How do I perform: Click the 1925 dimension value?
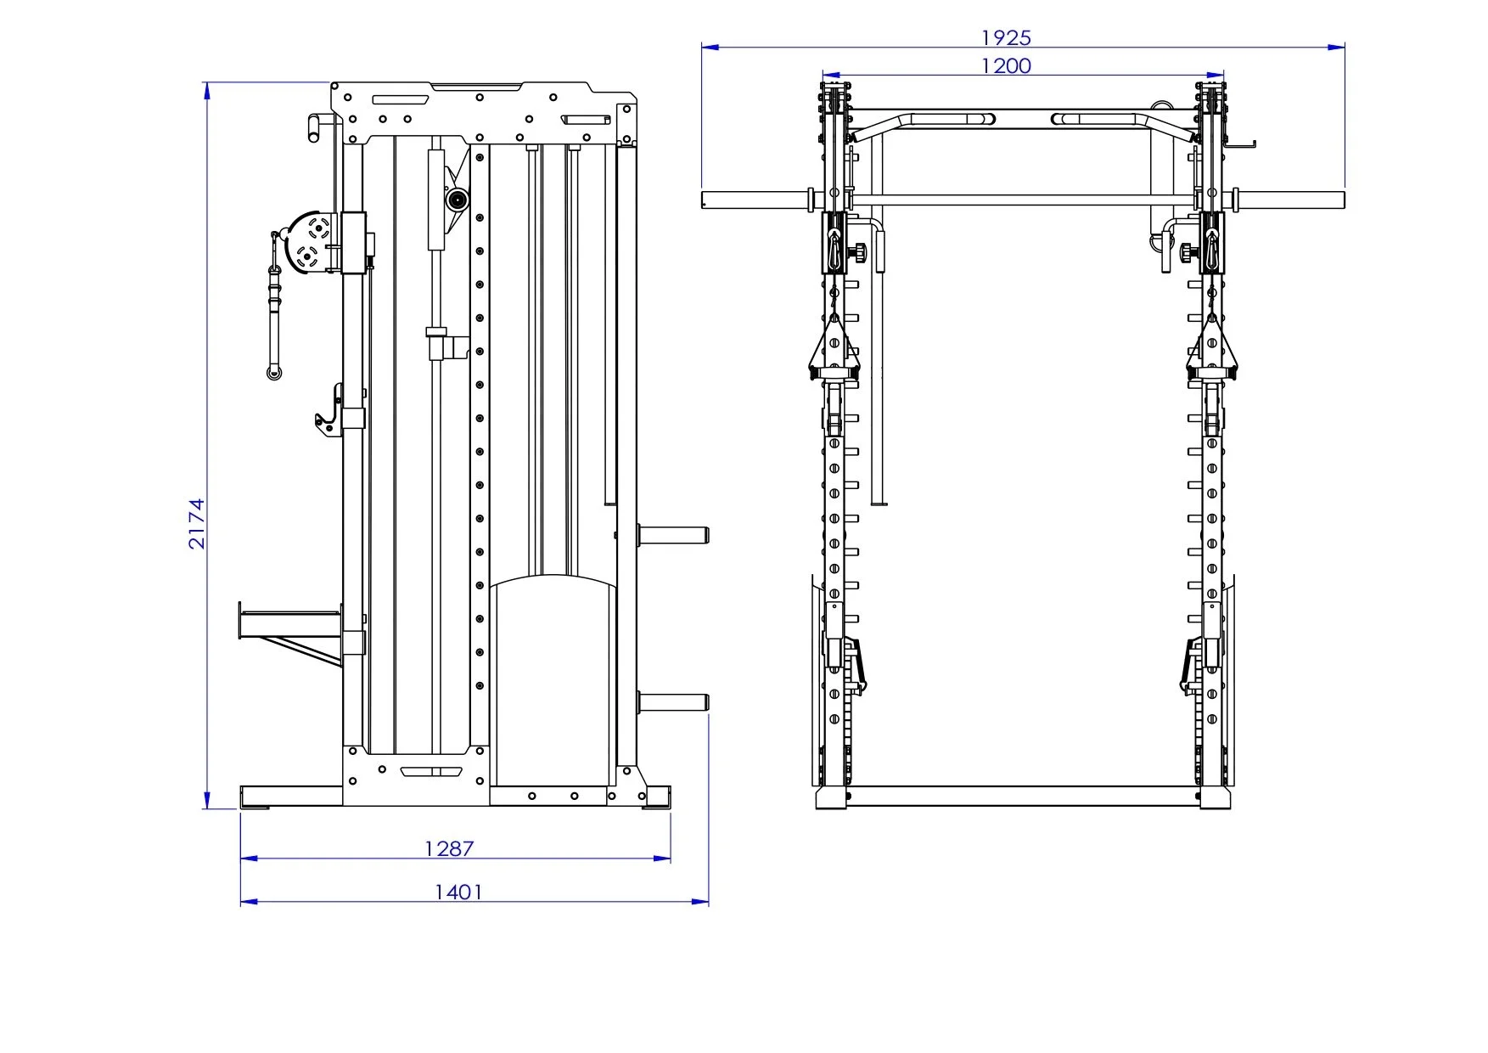pos(1006,38)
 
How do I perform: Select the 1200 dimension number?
pos(1006,66)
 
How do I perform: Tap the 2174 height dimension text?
pos(197,523)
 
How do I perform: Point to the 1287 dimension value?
pos(449,847)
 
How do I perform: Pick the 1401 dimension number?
pos(458,892)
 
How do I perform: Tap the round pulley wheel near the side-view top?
pos(458,200)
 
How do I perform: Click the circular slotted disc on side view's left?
pos(312,242)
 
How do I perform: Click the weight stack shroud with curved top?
pos(553,679)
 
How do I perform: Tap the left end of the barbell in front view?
pos(708,200)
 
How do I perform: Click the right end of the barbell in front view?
pos(1339,200)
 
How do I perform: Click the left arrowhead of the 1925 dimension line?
pos(706,48)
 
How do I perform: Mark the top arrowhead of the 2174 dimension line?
pos(207,88)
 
